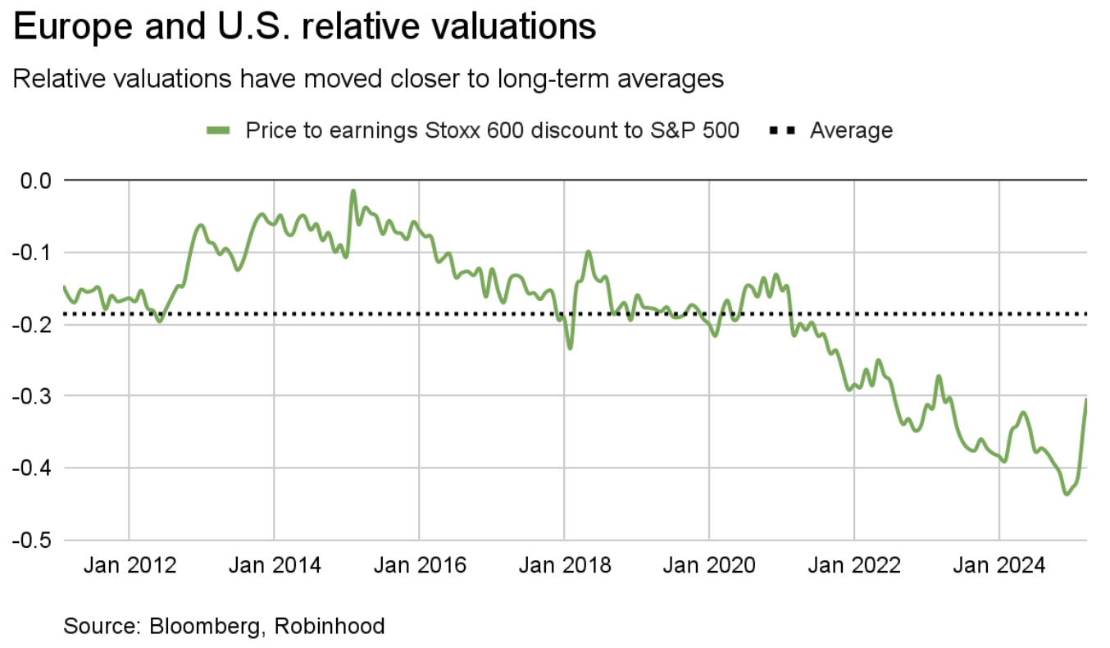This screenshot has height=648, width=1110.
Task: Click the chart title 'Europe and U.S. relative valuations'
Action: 305,28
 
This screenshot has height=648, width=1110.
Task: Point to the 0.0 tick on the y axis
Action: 34,180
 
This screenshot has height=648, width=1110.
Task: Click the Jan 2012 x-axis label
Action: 129,566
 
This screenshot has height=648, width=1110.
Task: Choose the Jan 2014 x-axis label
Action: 274,566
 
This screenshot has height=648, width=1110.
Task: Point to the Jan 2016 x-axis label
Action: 419,566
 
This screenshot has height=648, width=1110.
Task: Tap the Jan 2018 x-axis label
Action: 564,566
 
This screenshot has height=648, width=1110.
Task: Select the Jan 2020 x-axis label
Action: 709,566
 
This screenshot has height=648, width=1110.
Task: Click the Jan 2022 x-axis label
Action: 854,566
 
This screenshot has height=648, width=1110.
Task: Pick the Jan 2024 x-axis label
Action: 999,566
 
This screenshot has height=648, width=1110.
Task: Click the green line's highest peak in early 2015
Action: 353,191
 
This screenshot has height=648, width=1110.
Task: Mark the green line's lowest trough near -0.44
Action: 1067,494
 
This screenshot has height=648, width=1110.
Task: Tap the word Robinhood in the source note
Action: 330,627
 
